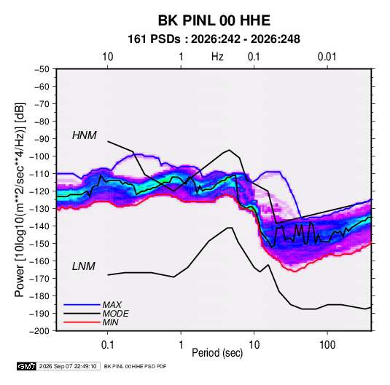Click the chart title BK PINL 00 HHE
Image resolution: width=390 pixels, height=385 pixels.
coord(214,20)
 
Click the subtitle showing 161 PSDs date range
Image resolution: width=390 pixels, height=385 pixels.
coord(214,39)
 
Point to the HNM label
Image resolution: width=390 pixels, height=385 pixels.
coord(84,135)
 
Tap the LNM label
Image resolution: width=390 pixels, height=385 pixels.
coord(84,266)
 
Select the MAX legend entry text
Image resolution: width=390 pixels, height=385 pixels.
coord(112,304)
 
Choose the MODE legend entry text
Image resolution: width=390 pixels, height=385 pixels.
coord(115,314)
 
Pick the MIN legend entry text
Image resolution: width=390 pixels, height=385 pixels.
coord(110,322)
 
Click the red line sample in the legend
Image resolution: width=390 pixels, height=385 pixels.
coord(82,322)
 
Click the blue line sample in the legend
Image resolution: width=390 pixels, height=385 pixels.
coord(82,304)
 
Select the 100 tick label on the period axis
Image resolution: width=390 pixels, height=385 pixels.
coord(327,345)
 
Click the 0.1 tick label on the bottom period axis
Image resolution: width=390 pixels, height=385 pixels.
coord(107,345)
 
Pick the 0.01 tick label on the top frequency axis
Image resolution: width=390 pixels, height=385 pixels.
coord(327,57)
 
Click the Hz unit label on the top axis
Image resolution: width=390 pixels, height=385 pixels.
coord(217,57)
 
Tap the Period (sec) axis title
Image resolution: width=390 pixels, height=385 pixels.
coord(217,353)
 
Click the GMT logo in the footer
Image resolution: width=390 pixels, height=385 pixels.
coord(27,366)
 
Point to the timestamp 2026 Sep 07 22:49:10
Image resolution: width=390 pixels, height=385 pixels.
coord(68,366)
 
